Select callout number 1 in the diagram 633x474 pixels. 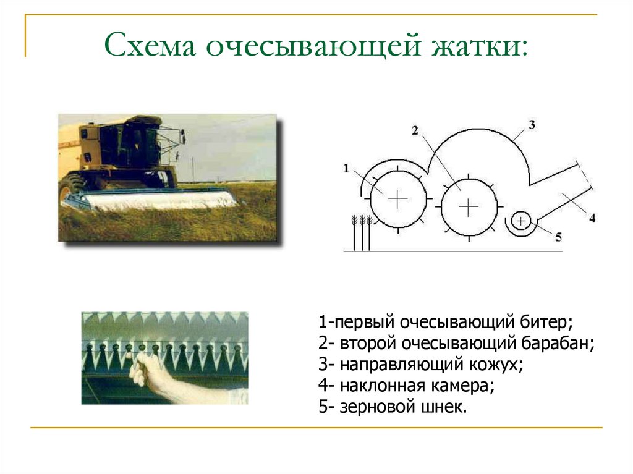point(346,167)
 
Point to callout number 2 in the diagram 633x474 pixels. point(415,130)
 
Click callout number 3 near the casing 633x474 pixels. point(532,124)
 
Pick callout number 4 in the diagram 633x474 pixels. point(592,218)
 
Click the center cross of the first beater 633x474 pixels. point(397,198)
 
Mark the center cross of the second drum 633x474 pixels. point(469,206)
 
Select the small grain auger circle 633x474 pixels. point(521,220)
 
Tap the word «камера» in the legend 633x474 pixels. point(464,386)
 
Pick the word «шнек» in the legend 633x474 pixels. point(443,408)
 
